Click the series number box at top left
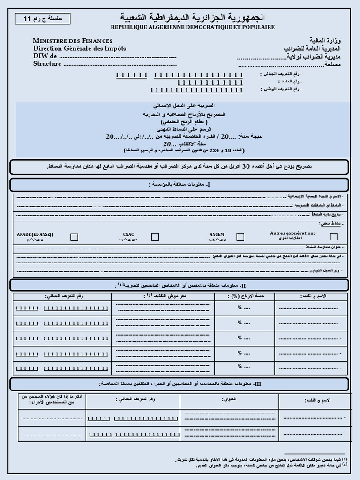tap(42, 19)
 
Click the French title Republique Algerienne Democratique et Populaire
tap(193, 28)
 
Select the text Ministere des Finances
tap(73, 41)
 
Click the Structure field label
tap(47, 64)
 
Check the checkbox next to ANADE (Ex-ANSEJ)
tap(74, 237)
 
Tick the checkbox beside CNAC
tap(155, 237)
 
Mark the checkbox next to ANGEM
tap(240, 237)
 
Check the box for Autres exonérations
tap(334, 237)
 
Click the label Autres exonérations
tap(293, 233)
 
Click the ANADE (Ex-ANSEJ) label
tap(35, 234)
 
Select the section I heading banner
tap(180, 185)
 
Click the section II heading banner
tap(180, 285)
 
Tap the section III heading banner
tap(180, 384)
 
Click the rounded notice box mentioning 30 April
tap(180, 167)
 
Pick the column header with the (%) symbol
tap(244, 296)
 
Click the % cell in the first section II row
tap(244, 308)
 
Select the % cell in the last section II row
tap(244, 367)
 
